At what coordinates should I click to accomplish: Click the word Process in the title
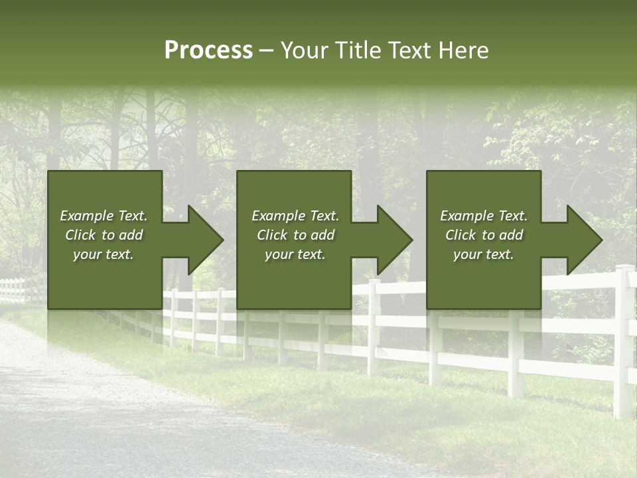coord(208,50)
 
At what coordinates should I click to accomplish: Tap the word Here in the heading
coord(462,50)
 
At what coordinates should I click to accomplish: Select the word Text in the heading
coord(410,50)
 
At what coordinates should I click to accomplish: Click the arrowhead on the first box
coord(200,240)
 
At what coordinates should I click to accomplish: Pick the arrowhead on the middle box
coord(389,240)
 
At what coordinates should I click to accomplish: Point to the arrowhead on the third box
coord(579,240)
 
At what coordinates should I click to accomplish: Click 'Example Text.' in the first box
coord(104,216)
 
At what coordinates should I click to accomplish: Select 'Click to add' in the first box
coord(104,235)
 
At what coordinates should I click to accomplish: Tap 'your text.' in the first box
coord(104,254)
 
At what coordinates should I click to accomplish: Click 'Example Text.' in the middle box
coord(295,216)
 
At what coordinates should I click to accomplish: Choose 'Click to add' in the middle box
coord(295,235)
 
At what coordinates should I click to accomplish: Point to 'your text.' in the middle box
coord(295,254)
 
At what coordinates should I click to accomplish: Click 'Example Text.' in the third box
coord(484,216)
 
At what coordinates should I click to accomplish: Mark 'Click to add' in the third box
coord(484,235)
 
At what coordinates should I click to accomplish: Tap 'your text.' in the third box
coord(484,254)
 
